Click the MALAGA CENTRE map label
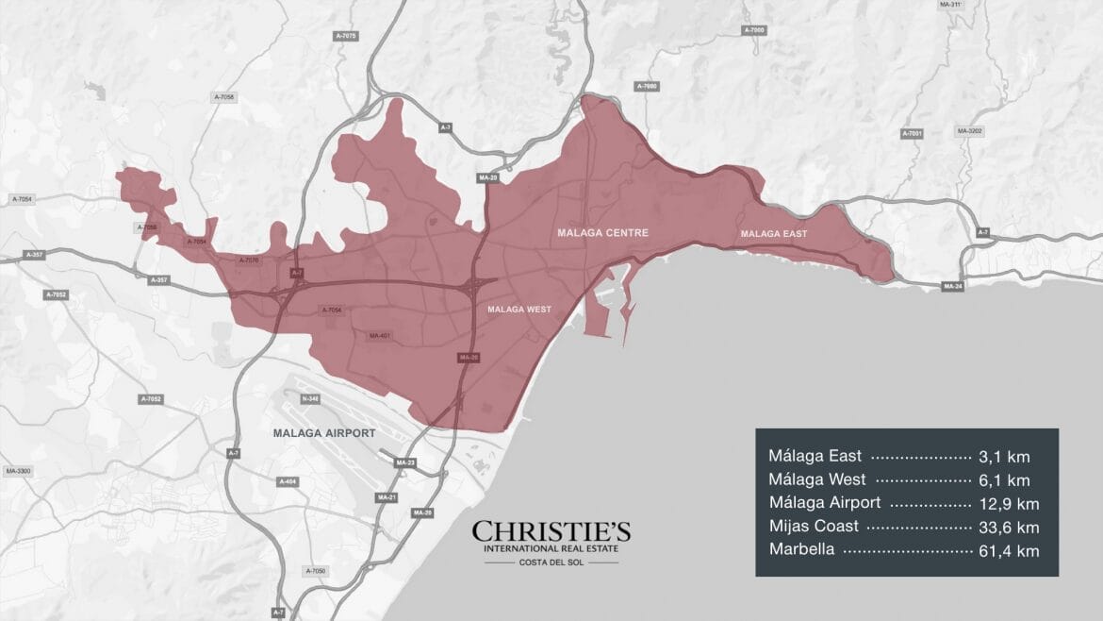pyautogui.click(x=602, y=232)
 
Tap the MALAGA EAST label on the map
pyautogui.click(x=773, y=233)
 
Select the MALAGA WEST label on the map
pyautogui.click(x=519, y=309)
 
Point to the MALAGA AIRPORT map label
pyautogui.click(x=323, y=433)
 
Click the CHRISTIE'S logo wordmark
pyautogui.click(x=551, y=531)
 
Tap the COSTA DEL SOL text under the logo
pyautogui.click(x=551, y=563)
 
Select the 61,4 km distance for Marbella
pyautogui.click(x=1008, y=550)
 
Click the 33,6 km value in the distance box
pyautogui.click(x=1008, y=527)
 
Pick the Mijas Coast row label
pyautogui.click(x=814, y=527)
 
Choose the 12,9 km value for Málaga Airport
pyautogui.click(x=1008, y=503)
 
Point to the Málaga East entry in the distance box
pyautogui.click(x=815, y=456)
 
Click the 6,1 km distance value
pyautogui.click(x=1012, y=479)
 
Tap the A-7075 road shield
pyautogui.click(x=346, y=36)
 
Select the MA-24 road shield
pyautogui.click(x=952, y=286)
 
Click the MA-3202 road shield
pyautogui.click(x=969, y=131)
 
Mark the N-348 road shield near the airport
pyautogui.click(x=310, y=399)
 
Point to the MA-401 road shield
pyautogui.click(x=379, y=335)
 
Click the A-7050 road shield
pyautogui.click(x=316, y=571)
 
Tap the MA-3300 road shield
pyautogui.click(x=18, y=470)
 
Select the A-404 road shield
pyautogui.click(x=288, y=481)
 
